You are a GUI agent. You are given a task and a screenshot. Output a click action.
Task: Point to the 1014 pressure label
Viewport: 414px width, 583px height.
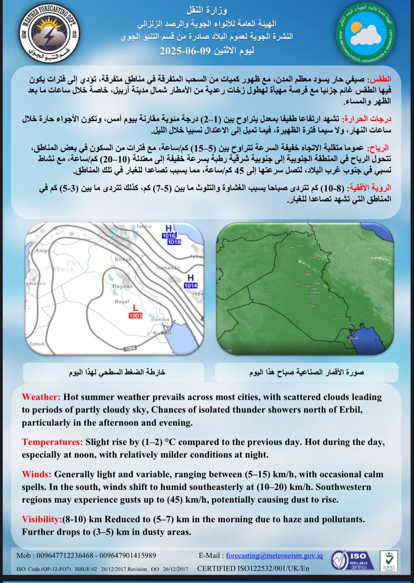(x=191, y=285)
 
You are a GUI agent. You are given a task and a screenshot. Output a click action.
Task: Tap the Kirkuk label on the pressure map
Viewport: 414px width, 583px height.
(x=123, y=259)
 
